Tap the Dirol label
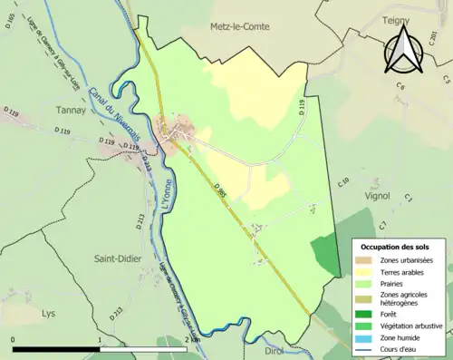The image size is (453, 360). [275, 349]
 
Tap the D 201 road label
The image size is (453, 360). [11, 113]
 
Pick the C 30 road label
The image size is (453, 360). [343, 182]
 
